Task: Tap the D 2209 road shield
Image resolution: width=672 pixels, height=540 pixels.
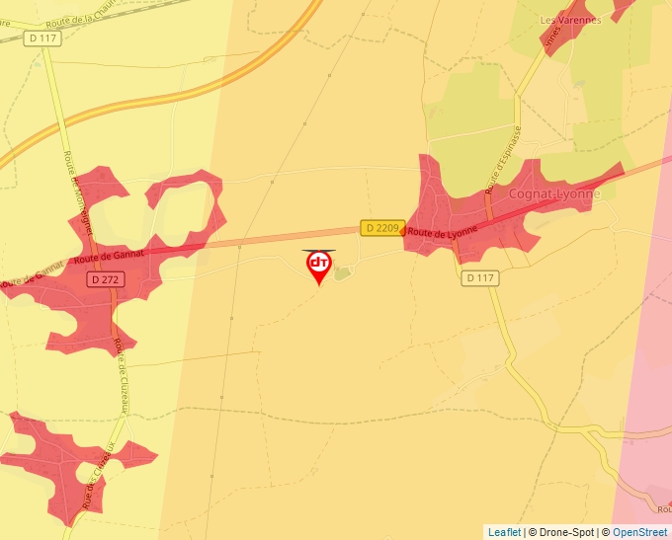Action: [x=380, y=228]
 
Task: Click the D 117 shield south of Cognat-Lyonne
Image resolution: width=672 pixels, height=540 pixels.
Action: [x=479, y=278]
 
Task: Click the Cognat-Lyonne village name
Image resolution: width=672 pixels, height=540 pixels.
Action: [x=553, y=194]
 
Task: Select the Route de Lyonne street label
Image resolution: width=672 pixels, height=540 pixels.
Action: [x=442, y=233]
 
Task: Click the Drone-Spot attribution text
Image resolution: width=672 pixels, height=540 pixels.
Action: [x=560, y=532]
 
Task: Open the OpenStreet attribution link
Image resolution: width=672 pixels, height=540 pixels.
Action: [x=640, y=532]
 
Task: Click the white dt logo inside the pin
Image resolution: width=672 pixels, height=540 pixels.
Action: [x=319, y=263]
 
